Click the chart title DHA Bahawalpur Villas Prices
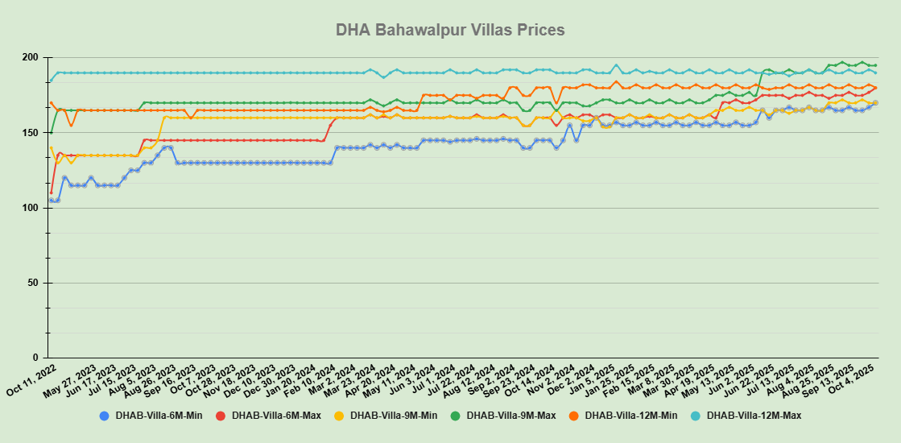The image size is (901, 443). [450, 30]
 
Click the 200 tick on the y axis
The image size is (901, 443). [31, 58]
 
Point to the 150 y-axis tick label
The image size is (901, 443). [31, 133]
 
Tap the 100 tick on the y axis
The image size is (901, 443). [31, 208]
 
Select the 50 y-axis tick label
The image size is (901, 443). [33, 283]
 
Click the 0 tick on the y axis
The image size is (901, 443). [36, 358]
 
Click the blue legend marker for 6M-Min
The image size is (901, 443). [104, 416]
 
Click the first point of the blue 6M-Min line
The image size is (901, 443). [51, 201]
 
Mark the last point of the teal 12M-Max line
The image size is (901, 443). [875, 73]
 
